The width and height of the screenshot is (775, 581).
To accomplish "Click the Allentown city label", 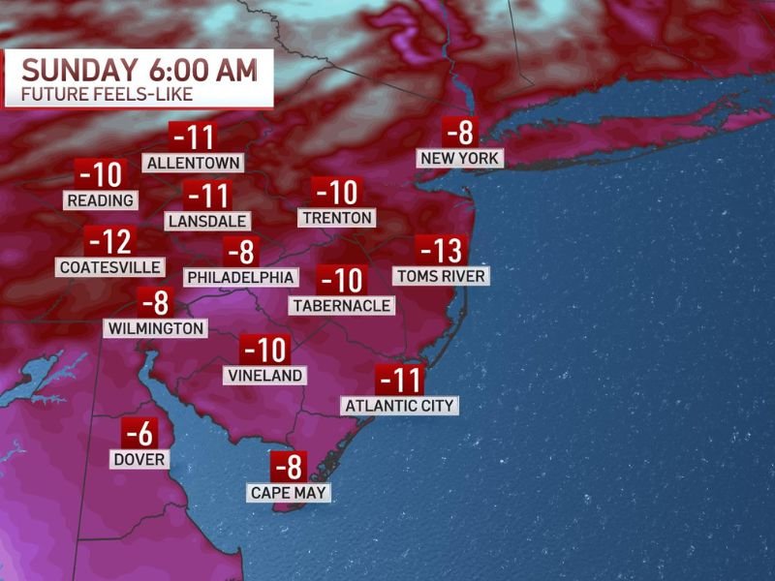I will pos(193,163).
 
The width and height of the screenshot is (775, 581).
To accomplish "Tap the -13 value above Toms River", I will pos(441,251).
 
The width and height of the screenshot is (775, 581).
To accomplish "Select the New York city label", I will pos(459,158).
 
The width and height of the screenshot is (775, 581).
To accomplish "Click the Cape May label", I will pos(288,493).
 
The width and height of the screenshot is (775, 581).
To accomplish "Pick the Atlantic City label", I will pos(399,406).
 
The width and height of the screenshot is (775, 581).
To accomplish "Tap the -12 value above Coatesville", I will pos(108,241).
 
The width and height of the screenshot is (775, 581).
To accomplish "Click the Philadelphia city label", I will pos(240,277).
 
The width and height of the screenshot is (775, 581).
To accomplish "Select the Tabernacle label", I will pos(341,305).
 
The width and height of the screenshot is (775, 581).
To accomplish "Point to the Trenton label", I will pos(336,218).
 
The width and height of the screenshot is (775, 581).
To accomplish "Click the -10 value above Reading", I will pos(100,175).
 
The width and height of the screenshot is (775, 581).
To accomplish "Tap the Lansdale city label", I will pos(207,221).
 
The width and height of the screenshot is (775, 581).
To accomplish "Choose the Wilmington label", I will pos(156,328).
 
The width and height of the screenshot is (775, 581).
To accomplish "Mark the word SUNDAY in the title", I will pos(80,71).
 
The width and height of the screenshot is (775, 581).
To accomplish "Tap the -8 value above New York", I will pos(460,131).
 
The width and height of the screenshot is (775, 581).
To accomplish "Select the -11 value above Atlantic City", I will pos(399,379).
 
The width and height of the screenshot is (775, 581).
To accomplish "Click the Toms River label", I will pos(441,276).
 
